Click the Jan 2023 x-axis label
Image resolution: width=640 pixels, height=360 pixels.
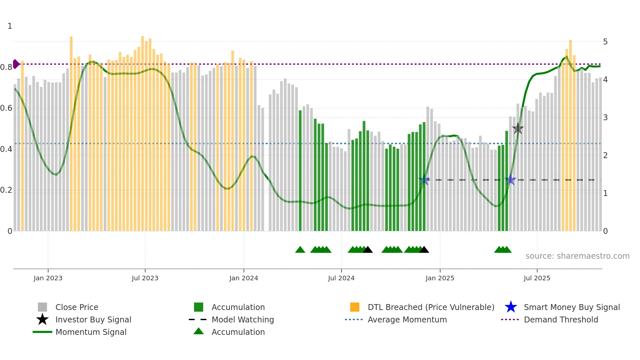pos(48,278)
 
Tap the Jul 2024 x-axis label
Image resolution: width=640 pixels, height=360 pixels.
pos(341,278)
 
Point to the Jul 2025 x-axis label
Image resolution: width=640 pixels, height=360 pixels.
pos(537,278)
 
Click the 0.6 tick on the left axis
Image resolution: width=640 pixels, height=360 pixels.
pos(6,108)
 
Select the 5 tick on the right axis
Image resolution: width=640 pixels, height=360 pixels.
pos(605,42)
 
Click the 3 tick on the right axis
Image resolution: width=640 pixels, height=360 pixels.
pos(605,118)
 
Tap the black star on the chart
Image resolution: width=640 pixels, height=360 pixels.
pos(518,129)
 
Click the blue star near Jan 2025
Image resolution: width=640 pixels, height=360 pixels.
pos(424,180)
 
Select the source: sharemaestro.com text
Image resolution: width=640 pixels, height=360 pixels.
pos(577,256)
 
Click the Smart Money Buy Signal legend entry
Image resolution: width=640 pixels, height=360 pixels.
pos(571,307)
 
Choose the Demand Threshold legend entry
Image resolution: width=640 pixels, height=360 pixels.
pos(561,319)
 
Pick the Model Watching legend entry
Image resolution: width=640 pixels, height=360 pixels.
pos(242,319)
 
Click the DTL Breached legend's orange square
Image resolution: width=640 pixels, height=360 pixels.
pos(355,307)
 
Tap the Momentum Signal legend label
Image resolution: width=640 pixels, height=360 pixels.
pos(91,332)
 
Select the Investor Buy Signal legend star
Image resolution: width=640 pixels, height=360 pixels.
pos(42,319)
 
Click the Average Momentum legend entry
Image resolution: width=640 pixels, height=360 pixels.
pos(407,319)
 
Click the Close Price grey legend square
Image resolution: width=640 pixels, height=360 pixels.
pos(42,307)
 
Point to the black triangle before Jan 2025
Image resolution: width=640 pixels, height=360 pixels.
pos(424,250)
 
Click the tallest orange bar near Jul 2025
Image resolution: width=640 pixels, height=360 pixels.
pos(570,131)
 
